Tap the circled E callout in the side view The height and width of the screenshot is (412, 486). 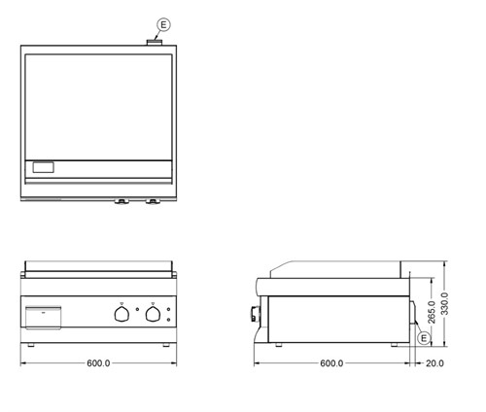click(x=422, y=336)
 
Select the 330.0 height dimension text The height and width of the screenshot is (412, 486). click(x=445, y=303)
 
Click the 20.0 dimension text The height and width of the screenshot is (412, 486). click(x=434, y=363)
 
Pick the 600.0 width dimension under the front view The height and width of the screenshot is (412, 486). click(x=98, y=363)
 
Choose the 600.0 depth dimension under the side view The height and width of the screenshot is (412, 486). click(x=331, y=363)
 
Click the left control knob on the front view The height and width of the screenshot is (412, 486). click(x=121, y=314)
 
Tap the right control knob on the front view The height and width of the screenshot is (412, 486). click(x=153, y=314)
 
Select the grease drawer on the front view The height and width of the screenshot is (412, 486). click(x=44, y=318)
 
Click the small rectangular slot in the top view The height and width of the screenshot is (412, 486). click(x=45, y=168)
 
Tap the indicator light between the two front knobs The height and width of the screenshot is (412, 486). click(x=137, y=321)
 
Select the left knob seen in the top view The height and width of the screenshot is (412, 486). click(x=122, y=202)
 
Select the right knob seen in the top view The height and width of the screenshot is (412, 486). click(x=154, y=202)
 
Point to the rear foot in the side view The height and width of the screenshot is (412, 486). click(x=396, y=344)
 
